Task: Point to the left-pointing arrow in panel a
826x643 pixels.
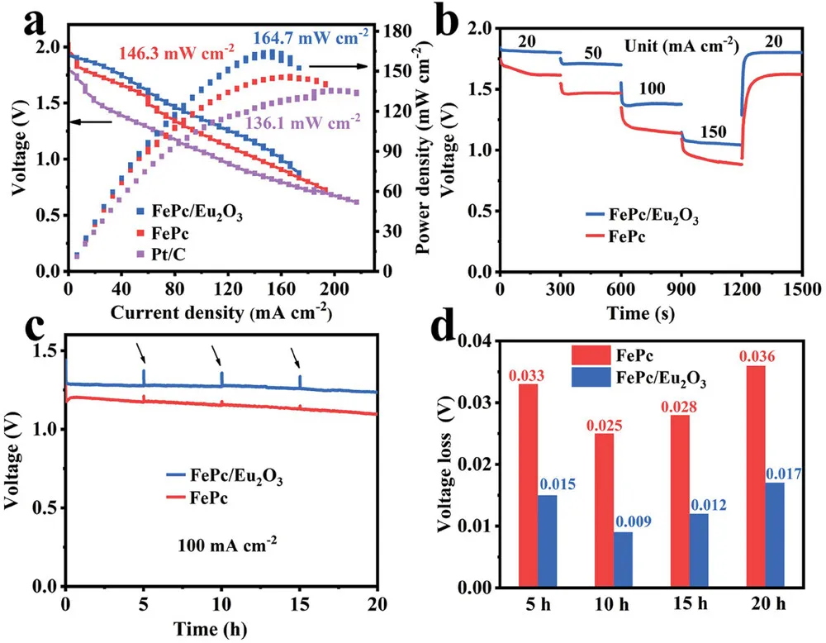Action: coord(91,121)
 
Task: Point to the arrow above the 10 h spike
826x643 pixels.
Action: coord(216,356)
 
